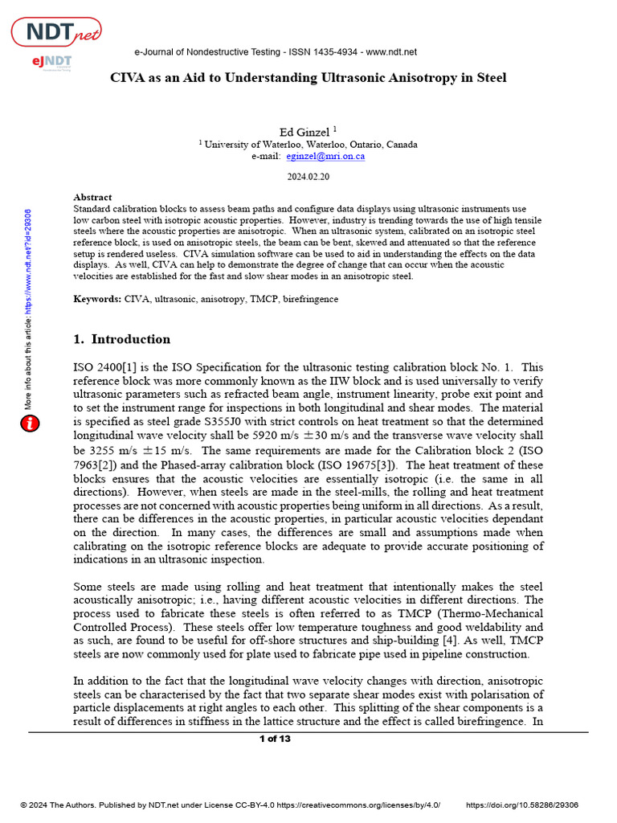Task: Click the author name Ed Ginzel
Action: [304, 131]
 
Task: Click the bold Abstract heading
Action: [92, 197]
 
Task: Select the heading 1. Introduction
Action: [121, 339]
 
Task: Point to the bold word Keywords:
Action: [97, 299]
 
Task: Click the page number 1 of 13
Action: [275, 739]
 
